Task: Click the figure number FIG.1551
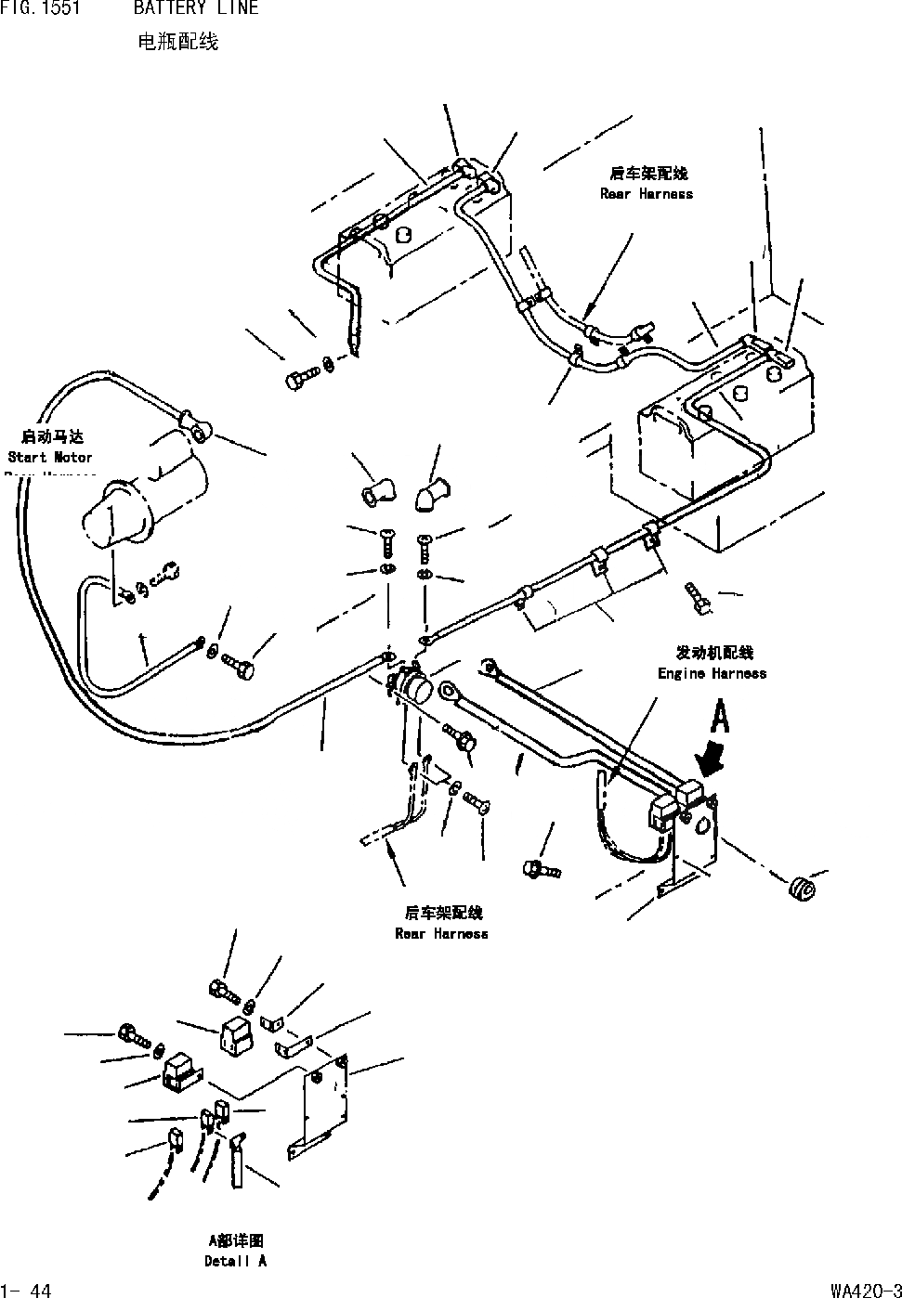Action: coord(39,9)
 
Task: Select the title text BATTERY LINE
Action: coord(195,9)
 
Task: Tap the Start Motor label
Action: coord(50,457)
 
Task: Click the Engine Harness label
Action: coord(712,673)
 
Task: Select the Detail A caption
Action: coord(235,1261)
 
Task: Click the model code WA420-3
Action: coord(865,1290)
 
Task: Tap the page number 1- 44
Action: coord(27,1290)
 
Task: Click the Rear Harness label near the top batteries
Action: coord(647,193)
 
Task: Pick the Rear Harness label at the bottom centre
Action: coord(441,933)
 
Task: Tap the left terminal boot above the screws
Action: coord(374,493)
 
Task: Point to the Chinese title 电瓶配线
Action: coord(176,42)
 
